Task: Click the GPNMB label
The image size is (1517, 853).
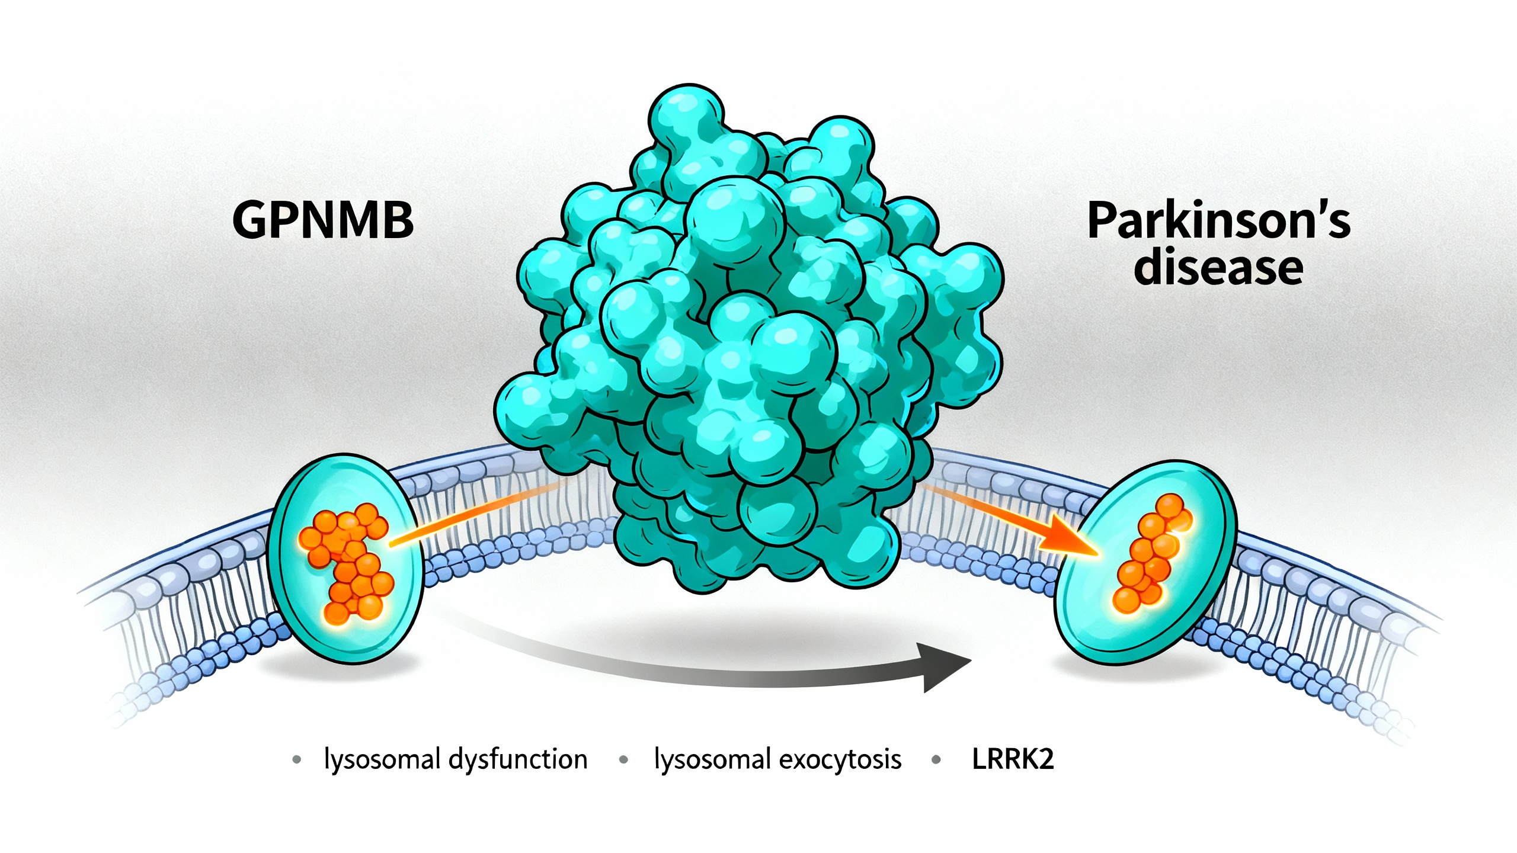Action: point(323,220)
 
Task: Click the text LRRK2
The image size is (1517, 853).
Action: point(1013,759)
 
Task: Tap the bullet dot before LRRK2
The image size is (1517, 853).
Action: point(936,759)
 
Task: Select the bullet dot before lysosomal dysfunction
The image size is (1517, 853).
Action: point(297,759)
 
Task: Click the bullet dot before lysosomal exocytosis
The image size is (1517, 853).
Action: point(623,759)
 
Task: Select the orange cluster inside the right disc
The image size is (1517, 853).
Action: point(1150,554)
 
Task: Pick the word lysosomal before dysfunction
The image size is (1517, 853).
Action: point(382,759)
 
